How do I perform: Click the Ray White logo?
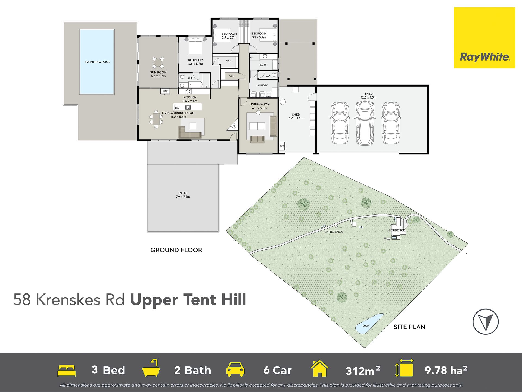[x=484, y=38]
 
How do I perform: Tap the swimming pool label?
[x=97, y=62]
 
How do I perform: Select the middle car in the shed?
[x=365, y=123]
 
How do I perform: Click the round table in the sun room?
[x=158, y=63]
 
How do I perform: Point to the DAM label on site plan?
[x=366, y=326]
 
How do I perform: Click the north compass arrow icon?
[x=486, y=321]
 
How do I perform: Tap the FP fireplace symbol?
[x=234, y=126]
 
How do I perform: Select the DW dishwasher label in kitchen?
[x=177, y=108]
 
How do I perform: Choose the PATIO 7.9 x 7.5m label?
[x=183, y=195]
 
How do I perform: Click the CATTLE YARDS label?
[x=334, y=232]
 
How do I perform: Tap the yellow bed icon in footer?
[x=67, y=370]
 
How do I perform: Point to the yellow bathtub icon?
[x=151, y=368]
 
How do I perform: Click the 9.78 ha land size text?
[x=446, y=370]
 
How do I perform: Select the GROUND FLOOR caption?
[x=176, y=250]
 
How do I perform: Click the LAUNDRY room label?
[x=262, y=86]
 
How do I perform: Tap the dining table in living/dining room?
[x=156, y=119]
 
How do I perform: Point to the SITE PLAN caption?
[x=409, y=327]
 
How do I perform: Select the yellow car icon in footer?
[x=235, y=369]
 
